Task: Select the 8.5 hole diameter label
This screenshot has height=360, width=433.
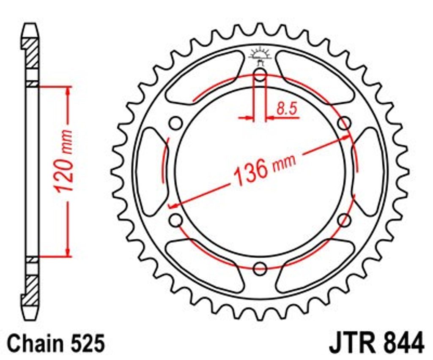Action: click(x=286, y=109)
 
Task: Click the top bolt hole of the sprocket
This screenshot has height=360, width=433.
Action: click(x=260, y=74)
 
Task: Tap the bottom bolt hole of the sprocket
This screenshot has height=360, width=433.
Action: click(x=260, y=268)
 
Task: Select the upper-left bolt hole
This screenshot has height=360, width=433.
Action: click(x=175, y=123)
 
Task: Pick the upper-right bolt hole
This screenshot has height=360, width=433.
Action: click(x=344, y=123)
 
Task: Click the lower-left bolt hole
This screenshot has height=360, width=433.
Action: click(x=175, y=220)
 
